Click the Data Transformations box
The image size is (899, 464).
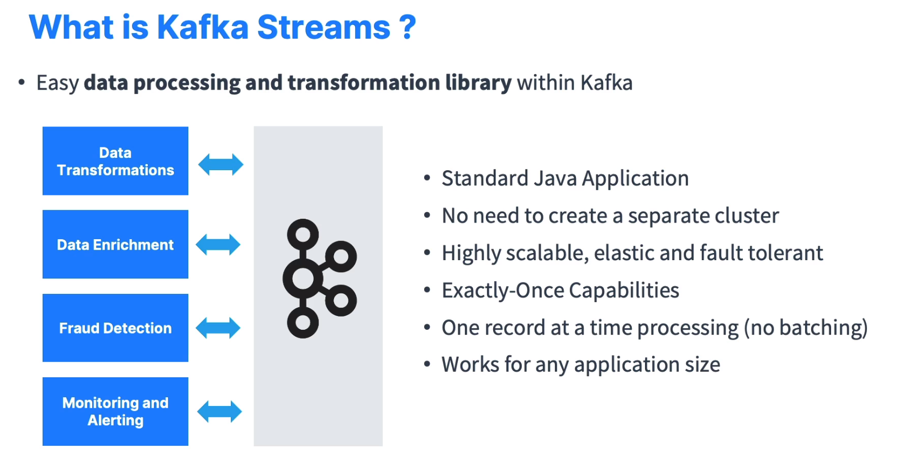(x=115, y=161)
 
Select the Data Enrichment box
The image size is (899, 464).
(x=115, y=244)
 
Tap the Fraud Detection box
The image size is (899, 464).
(x=115, y=328)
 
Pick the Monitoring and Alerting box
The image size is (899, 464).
(x=115, y=412)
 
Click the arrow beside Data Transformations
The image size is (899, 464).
(x=221, y=165)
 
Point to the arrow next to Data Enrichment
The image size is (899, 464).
(x=218, y=244)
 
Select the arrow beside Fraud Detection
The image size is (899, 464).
(x=218, y=328)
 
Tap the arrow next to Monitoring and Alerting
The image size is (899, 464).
(x=219, y=412)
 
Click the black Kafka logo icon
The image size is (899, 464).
(x=319, y=278)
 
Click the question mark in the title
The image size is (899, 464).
(x=407, y=28)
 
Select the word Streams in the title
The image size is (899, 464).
(x=324, y=28)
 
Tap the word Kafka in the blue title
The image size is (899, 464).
(x=203, y=28)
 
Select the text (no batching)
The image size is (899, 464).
(x=806, y=328)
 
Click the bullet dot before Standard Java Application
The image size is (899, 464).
(x=427, y=178)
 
